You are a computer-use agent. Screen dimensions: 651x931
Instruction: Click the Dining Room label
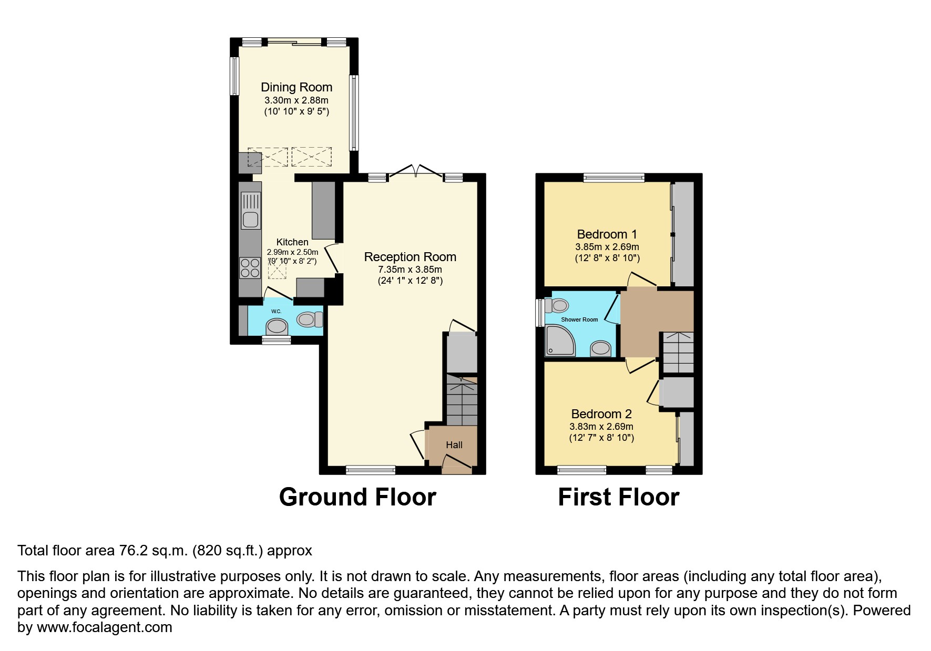pos(296,87)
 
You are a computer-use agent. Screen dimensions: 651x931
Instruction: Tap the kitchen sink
pos(251,211)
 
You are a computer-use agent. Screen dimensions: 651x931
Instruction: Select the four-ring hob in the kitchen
pos(250,268)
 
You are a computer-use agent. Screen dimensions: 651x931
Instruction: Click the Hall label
pos(454,445)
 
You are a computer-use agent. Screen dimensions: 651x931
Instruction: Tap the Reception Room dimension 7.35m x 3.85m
pos(410,269)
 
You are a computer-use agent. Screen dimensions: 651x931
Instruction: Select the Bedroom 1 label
pos(602,234)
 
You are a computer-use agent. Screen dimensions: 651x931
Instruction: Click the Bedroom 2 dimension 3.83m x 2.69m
pos(601,427)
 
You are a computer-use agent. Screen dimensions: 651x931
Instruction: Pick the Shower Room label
pos(579,319)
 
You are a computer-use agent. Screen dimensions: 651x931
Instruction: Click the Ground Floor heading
pos(357,497)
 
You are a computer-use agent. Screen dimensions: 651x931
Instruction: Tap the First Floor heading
pos(618,497)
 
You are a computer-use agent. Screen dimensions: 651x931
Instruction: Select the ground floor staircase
pos(462,402)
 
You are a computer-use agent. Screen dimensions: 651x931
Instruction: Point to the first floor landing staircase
pos(678,352)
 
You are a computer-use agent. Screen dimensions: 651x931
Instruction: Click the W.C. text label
pos(276,312)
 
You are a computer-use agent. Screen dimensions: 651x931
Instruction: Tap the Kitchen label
pos(292,242)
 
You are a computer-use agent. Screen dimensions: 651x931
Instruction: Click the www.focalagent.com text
pos(104,627)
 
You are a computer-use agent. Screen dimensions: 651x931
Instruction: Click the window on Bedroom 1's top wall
pos(613,178)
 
